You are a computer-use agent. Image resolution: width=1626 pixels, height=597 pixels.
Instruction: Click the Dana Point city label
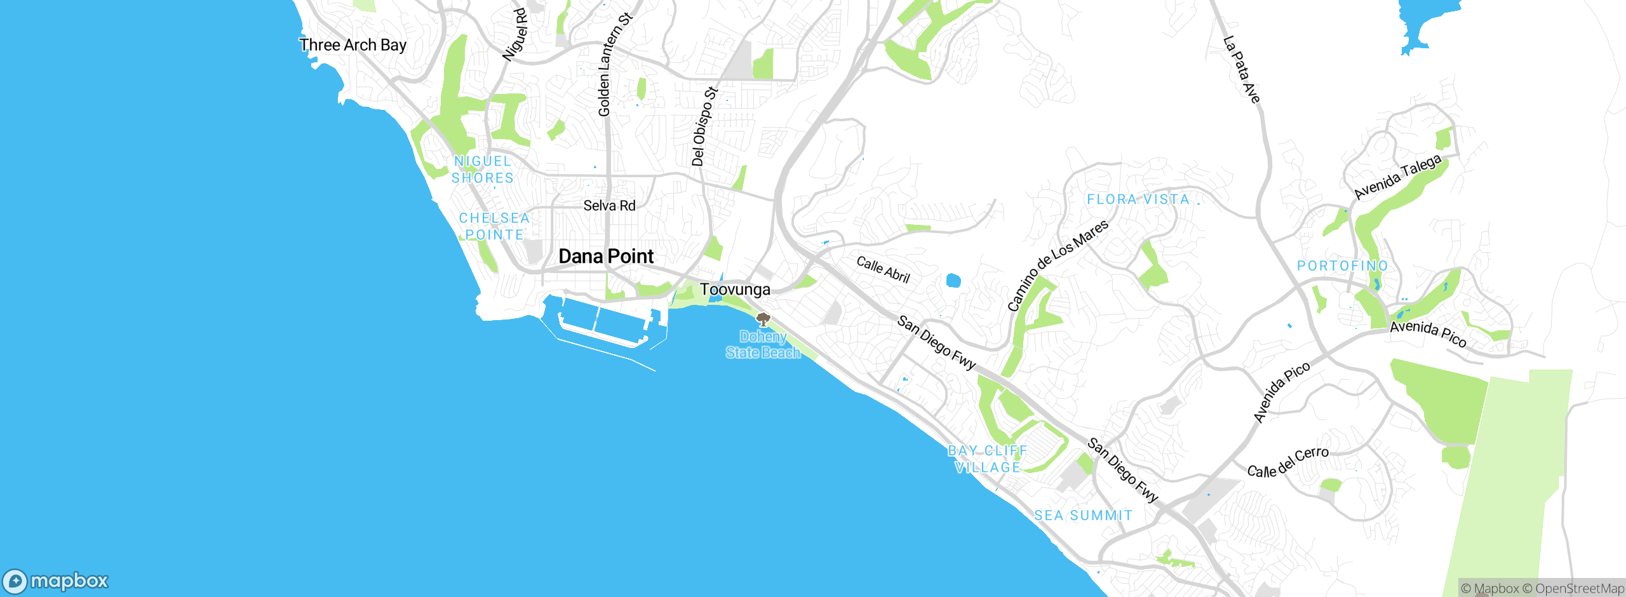pos(606,257)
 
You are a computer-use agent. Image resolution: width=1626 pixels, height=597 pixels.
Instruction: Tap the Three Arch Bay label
pos(353,45)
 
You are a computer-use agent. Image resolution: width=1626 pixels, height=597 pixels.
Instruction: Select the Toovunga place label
pos(735,290)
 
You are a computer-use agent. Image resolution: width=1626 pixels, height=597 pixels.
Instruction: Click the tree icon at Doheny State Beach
pos(763,319)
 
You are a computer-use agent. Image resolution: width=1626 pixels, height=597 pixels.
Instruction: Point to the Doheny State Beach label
pos(763,345)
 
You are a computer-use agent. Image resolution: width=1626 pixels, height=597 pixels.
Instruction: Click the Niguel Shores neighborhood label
pos(482,170)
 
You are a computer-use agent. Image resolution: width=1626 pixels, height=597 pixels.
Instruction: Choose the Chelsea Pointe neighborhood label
pos(494,226)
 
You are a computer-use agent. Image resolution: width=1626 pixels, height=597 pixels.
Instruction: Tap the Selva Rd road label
pos(609,206)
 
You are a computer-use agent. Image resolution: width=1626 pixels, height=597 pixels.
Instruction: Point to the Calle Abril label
pos(883,269)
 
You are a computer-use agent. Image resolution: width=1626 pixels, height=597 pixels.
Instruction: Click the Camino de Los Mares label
pos(1058,265)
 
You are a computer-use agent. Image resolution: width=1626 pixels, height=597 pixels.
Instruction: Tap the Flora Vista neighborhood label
pos(1138,199)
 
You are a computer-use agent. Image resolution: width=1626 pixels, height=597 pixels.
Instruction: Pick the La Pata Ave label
pos(1241,69)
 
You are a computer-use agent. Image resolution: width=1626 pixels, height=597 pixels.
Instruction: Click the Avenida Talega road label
pos(1397,177)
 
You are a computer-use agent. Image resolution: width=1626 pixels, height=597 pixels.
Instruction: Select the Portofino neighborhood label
pos(1342,265)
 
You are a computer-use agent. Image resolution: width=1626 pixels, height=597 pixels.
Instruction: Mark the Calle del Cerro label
pos(1287,462)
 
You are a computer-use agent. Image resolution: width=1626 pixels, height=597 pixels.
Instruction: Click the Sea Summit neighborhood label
pos(1083,516)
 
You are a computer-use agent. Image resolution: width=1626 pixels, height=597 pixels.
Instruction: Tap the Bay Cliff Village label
pos(987,459)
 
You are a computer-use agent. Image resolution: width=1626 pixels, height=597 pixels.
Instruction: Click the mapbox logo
pos(56,581)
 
